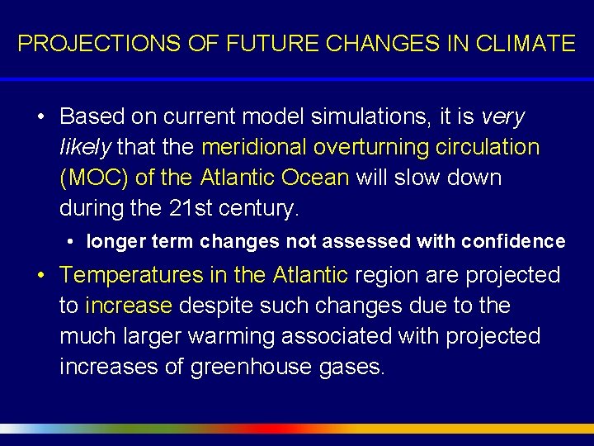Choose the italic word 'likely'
coord(86,147)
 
